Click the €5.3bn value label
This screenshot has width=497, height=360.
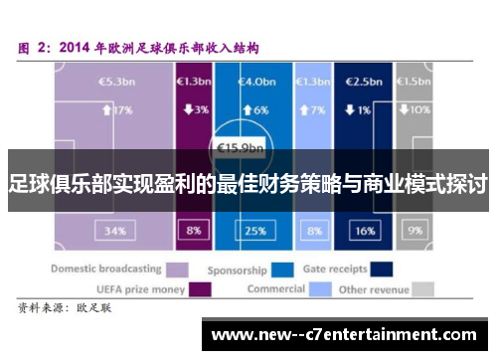[x=110, y=83]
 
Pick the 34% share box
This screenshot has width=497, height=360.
[x=114, y=231]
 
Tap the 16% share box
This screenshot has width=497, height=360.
[x=365, y=231]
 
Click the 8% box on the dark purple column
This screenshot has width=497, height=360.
[x=193, y=231]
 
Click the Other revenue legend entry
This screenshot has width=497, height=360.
[x=383, y=288]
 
